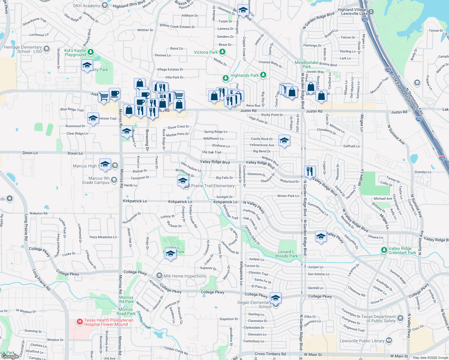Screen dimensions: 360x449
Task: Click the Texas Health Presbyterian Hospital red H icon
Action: click(80, 322)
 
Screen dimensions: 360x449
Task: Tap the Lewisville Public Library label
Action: click(362, 341)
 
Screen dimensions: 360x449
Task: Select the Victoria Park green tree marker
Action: click(222, 52)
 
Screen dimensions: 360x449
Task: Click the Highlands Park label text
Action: click(244, 75)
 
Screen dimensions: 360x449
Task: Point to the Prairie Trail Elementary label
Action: click(213, 186)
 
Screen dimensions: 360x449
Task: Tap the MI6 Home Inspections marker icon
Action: click(159, 276)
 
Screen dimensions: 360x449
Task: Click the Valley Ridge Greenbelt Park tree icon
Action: click(384, 250)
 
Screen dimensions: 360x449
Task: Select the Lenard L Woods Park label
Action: click(286, 254)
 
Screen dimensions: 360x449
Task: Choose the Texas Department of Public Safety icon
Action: click(400, 318)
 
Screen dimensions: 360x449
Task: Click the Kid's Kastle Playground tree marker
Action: click(90, 52)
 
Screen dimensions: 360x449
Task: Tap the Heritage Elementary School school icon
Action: click(46, 49)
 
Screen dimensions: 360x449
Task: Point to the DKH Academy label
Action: click(86, 6)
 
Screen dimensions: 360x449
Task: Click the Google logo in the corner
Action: click(10, 356)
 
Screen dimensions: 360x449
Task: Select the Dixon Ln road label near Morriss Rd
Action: click(75, 153)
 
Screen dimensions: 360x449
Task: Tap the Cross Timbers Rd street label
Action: click(270, 354)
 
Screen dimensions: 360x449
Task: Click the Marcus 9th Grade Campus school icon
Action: click(114, 180)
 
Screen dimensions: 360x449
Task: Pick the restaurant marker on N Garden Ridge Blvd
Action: click(310, 172)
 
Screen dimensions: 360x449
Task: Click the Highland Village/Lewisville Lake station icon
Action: click(371, 11)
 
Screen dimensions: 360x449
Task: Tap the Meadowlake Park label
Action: click(306, 64)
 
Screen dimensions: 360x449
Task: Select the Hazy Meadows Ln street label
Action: click(103, 237)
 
